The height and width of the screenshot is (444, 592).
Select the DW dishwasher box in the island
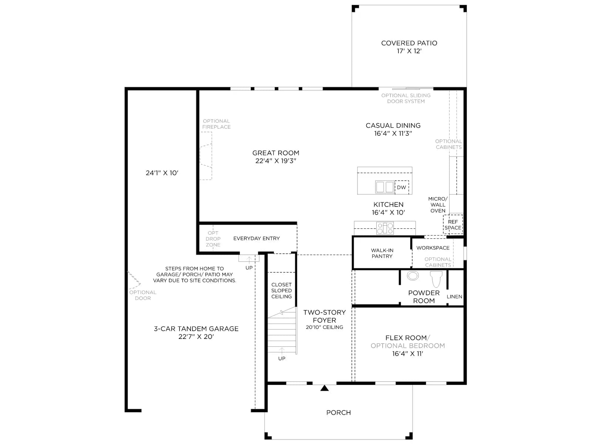401,187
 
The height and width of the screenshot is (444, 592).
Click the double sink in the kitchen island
385,187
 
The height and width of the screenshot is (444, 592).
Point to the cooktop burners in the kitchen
385,228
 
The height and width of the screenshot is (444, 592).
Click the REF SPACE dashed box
453,224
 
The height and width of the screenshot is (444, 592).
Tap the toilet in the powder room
436,279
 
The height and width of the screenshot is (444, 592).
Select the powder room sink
413,276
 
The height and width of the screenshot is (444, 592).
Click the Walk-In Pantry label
382,253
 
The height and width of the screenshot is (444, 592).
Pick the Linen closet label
454,296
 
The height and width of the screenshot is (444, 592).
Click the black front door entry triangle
324,388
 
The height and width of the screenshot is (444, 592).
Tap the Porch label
339,413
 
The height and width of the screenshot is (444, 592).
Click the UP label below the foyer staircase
282,358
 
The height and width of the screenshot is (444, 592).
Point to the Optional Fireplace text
216,124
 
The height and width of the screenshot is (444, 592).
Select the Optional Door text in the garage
143,295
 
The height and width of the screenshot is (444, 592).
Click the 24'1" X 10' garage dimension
162,173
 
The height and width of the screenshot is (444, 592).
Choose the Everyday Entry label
256,238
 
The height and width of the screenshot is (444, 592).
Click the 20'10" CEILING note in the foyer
324,327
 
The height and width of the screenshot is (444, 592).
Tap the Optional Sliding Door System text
406,98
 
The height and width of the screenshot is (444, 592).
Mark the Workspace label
433,248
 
